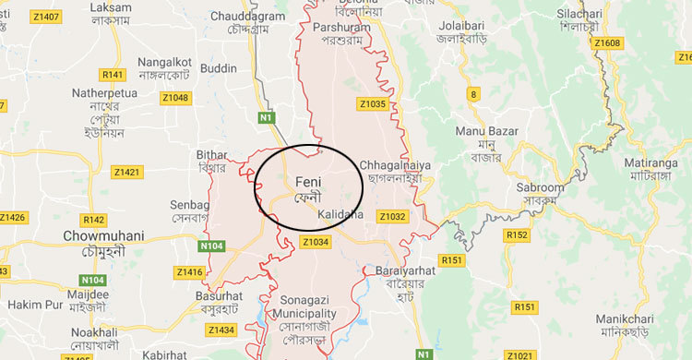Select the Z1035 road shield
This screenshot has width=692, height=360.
[373, 104]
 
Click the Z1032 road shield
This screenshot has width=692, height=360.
[392, 216]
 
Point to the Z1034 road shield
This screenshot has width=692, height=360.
[316, 242]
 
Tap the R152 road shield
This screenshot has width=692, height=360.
[517, 236]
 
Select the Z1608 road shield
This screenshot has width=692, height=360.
[608, 42]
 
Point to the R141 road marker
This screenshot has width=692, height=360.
[113, 74]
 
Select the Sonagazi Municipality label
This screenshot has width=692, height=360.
[309, 308]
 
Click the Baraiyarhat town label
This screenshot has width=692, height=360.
[403, 270]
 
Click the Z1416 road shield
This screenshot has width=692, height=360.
[188, 271]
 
